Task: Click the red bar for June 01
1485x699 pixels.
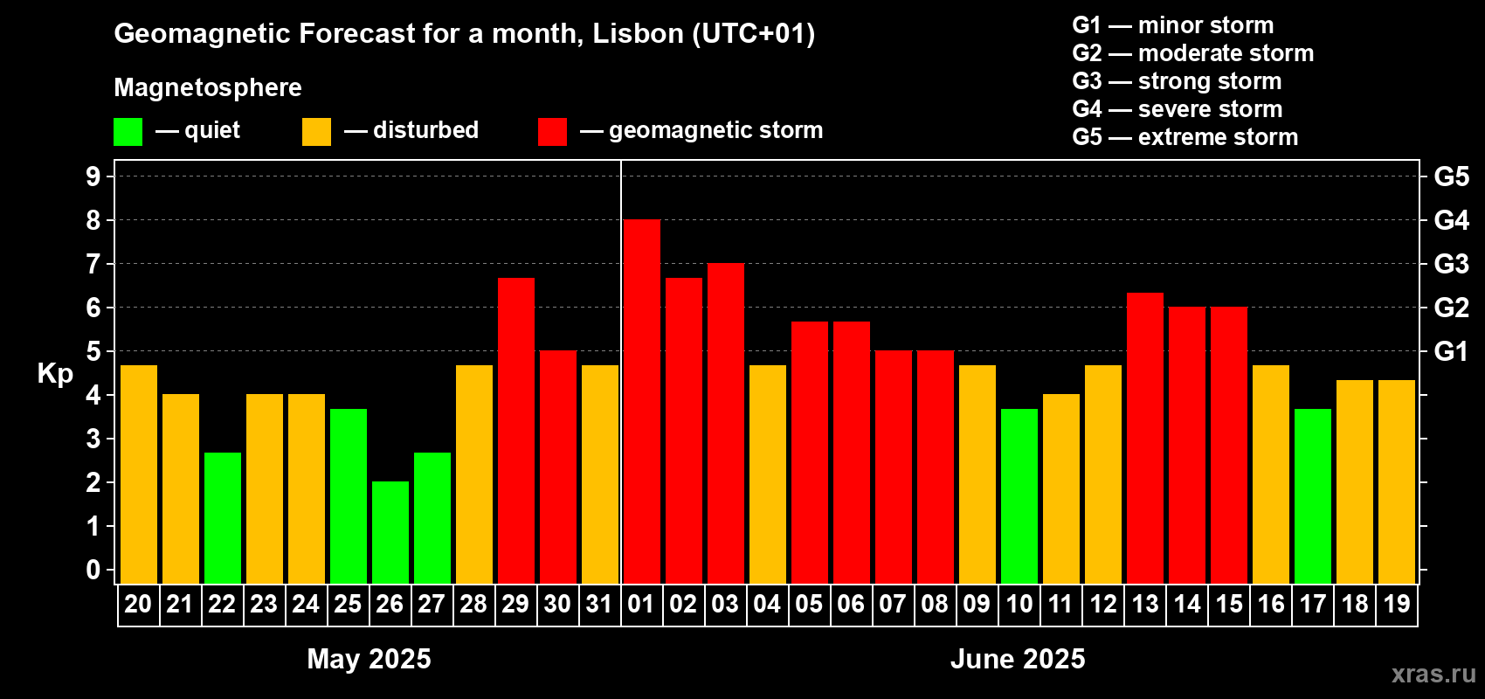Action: click(x=641, y=402)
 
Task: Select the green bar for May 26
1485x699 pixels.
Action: click(x=390, y=533)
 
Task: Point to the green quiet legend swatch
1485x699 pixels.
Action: click(x=128, y=132)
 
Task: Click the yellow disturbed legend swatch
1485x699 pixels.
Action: click(x=316, y=132)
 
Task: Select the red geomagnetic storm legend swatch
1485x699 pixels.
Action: click(x=552, y=132)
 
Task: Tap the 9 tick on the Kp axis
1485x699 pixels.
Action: click(x=93, y=176)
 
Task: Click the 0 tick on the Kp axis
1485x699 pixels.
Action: click(x=93, y=571)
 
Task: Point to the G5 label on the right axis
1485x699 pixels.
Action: click(x=1451, y=176)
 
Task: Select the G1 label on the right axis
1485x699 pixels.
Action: click(x=1451, y=351)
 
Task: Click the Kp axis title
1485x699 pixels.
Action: click(x=55, y=374)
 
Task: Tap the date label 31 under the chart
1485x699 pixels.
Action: click(x=599, y=605)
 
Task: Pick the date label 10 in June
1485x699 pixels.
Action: click(x=1019, y=605)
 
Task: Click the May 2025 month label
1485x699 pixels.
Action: click(x=369, y=659)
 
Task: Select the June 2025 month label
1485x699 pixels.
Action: click(x=1018, y=659)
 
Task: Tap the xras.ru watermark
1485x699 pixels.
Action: click(x=1433, y=674)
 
